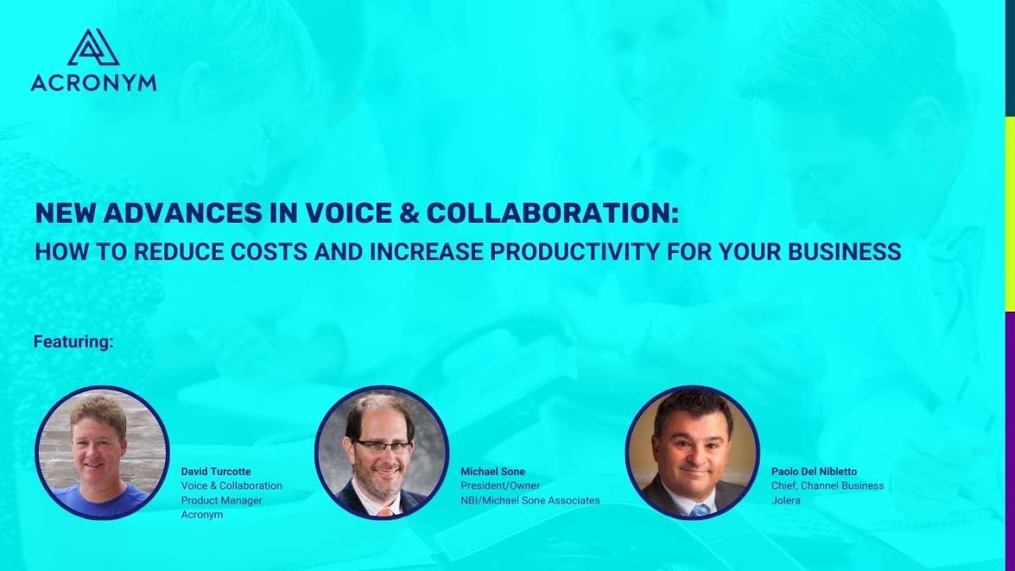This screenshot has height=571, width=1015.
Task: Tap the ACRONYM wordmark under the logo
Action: coord(94,82)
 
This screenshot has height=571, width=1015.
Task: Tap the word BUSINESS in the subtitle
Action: coord(845,251)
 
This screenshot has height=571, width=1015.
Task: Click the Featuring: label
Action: coord(74,343)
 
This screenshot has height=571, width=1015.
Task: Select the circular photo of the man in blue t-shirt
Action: coord(102,453)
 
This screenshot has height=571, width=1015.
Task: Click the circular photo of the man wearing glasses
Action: coord(382,453)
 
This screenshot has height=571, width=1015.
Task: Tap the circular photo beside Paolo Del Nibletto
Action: coord(692,453)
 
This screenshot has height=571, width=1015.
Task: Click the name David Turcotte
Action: coord(216,472)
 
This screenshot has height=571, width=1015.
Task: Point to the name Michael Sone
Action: coord(492,472)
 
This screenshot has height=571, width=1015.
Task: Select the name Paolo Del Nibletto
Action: coord(814,472)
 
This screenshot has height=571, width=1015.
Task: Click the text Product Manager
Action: coord(221,500)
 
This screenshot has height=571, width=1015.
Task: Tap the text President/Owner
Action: coord(500,486)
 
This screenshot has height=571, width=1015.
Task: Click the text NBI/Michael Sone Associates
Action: coord(530,500)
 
